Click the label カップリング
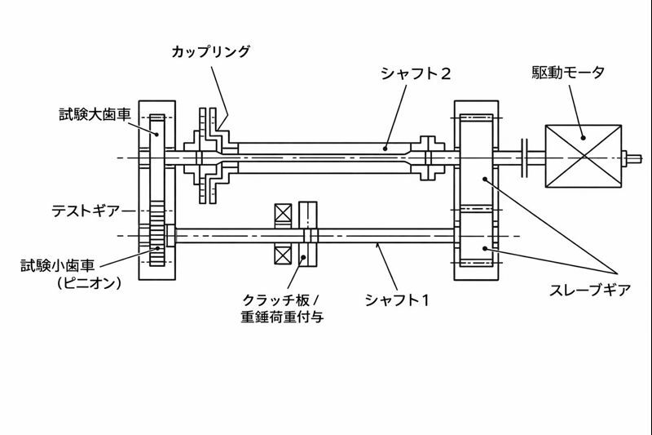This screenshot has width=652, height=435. [210, 51]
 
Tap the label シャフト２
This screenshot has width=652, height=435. [416, 73]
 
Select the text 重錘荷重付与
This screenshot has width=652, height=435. [284, 317]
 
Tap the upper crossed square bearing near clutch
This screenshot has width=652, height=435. [284, 214]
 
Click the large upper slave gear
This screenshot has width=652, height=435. [477, 158]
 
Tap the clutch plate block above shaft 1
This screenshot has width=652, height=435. [308, 215]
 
